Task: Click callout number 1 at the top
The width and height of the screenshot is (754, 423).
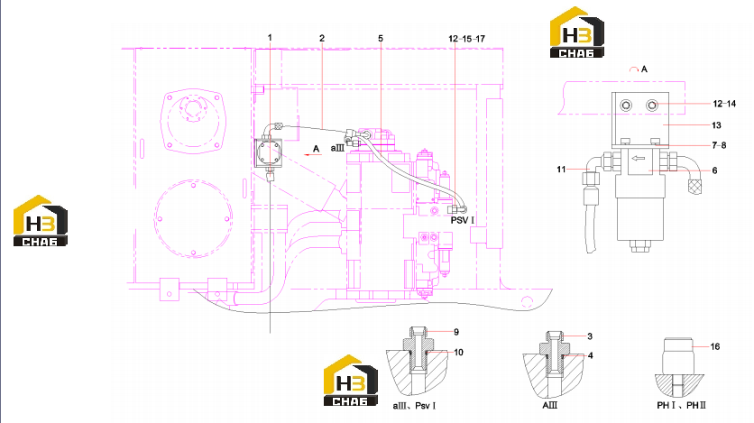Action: coord(270,38)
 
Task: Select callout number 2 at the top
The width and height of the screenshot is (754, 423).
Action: coord(322,38)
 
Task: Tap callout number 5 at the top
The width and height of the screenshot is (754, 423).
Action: coord(381,39)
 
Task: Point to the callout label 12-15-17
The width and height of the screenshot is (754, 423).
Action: coord(466,39)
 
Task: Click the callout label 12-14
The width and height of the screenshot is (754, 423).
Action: coord(724,104)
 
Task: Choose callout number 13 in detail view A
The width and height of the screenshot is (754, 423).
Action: coord(716,125)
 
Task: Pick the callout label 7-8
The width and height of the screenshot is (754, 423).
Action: coord(719,145)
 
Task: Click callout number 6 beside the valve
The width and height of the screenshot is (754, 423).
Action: coord(714,170)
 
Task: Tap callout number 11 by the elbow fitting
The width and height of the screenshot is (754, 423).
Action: coord(561,170)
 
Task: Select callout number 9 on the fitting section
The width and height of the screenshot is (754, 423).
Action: coord(456,332)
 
